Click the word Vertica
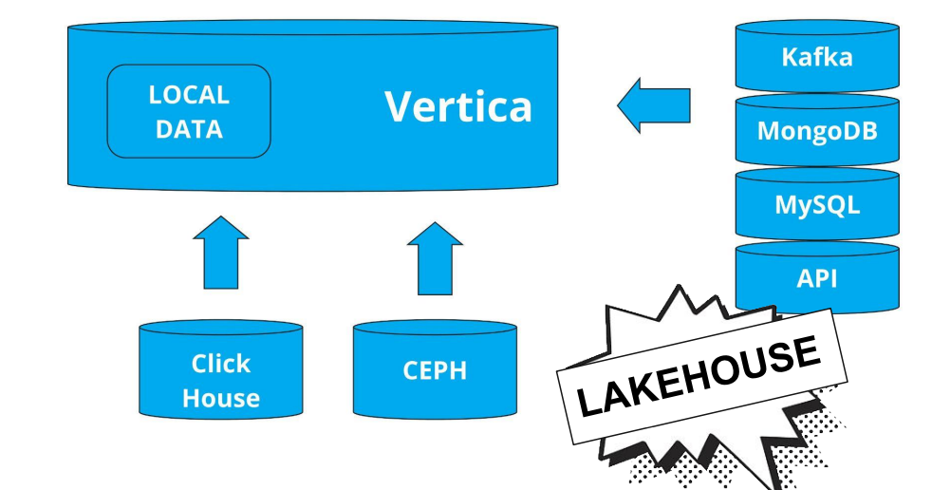click(457, 106)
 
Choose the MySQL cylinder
click(816, 204)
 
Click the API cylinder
click(816, 278)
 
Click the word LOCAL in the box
click(189, 95)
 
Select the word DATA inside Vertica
click(189, 129)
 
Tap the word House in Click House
click(221, 398)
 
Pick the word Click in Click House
click(221, 364)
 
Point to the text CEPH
click(436, 369)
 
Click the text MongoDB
click(816, 130)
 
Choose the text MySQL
click(816, 204)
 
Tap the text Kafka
click(816, 56)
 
